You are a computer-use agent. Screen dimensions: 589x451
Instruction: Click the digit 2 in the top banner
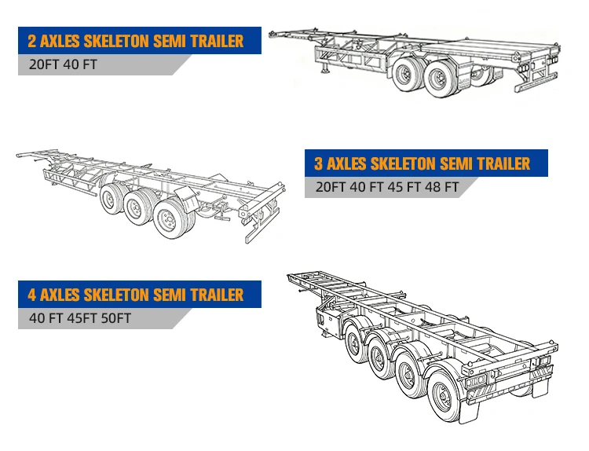(x=32, y=41)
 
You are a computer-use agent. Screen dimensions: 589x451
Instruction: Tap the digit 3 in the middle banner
(x=319, y=163)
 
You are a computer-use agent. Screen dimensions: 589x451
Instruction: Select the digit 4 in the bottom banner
(x=32, y=295)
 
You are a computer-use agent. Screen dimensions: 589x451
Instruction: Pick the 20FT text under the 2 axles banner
(x=44, y=64)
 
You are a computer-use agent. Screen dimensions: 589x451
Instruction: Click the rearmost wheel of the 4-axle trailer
(x=444, y=396)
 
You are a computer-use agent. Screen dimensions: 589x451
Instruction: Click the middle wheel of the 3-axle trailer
(x=137, y=207)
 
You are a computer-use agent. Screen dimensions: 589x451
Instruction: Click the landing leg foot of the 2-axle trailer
(x=324, y=71)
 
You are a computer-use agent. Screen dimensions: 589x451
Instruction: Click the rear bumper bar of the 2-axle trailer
(x=536, y=82)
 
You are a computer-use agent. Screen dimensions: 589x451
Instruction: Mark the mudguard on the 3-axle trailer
(x=188, y=199)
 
